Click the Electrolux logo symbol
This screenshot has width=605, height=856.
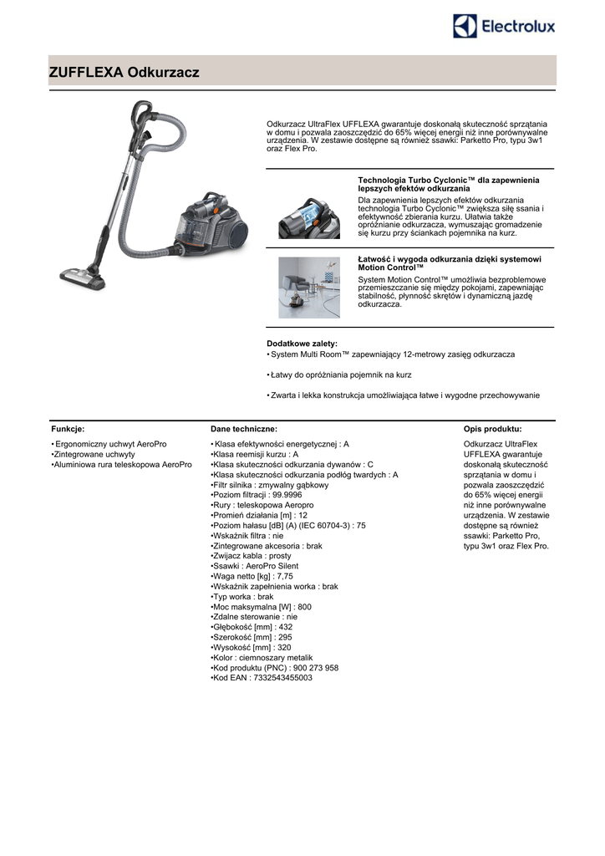coord(465,26)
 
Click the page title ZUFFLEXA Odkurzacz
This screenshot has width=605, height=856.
coord(124,73)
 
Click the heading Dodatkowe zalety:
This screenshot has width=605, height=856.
coord(302,344)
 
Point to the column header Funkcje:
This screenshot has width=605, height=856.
coord(68,428)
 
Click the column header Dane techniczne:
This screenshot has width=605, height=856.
coord(238,428)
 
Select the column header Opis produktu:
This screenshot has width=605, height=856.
coord(492,428)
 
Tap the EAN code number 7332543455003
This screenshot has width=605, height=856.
coord(282,678)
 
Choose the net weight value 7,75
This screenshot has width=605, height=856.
coord(284,576)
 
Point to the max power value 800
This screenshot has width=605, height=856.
coord(304,607)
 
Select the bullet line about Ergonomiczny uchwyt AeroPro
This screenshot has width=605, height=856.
coord(110,444)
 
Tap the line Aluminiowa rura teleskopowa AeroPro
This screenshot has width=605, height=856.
coord(123,464)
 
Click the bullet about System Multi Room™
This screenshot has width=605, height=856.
coord(393,354)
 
